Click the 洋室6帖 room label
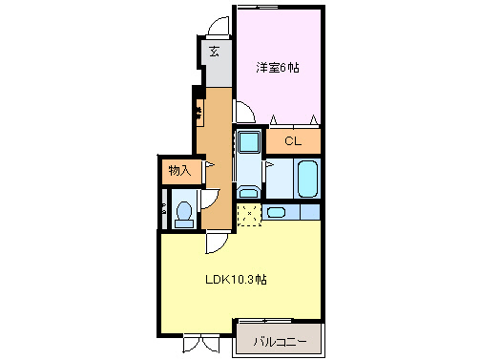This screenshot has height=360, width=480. (278, 68)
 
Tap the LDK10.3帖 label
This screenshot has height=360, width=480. (236, 280)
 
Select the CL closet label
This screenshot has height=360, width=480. (293, 140)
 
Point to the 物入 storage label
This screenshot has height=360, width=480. (179, 171)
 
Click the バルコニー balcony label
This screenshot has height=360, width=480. (280, 342)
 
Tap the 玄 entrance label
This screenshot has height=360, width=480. (215, 52)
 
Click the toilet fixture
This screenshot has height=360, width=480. (184, 215)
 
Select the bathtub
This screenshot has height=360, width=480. (307, 179)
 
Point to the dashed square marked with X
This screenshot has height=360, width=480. (249, 214)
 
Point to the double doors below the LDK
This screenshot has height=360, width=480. (201, 344)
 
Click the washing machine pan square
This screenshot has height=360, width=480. (249, 142)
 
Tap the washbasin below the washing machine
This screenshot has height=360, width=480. (248, 192)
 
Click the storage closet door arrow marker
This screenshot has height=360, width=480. (210, 164)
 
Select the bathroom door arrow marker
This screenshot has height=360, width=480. (269, 164)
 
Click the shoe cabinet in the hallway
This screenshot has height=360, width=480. (199, 113)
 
